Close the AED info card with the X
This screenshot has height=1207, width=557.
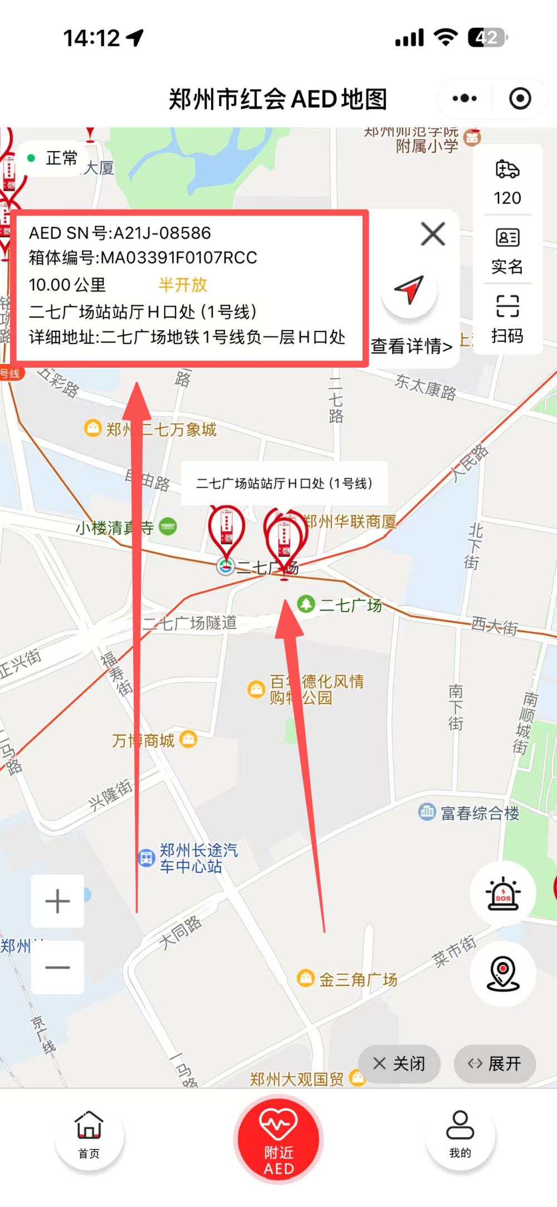click(433, 234)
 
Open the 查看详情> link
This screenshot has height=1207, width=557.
click(412, 346)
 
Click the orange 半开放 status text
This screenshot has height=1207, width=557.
click(183, 285)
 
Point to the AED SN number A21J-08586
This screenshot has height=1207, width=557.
click(162, 233)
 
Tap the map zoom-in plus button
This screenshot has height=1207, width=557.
click(57, 901)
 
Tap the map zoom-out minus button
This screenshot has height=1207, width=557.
click(57, 967)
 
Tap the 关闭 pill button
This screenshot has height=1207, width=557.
click(399, 1064)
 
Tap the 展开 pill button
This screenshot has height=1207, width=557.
click(495, 1064)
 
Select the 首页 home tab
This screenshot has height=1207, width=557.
click(89, 1135)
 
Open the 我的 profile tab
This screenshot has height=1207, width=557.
click(460, 1135)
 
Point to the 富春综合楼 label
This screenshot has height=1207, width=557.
click(479, 814)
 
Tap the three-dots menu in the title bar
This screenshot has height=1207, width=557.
click(465, 99)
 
